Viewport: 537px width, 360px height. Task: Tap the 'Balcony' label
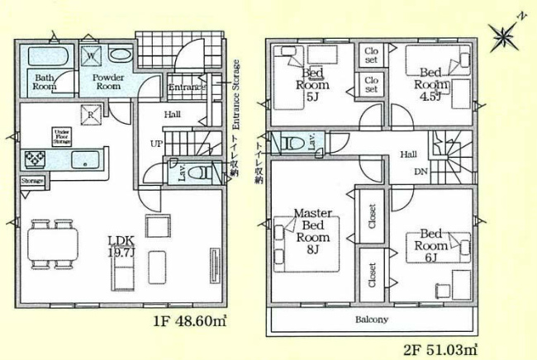[x=372, y=318]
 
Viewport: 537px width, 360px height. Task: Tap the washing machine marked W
[x=93, y=54]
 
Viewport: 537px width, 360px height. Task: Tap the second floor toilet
[x=292, y=142]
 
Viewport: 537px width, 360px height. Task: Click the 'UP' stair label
[x=155, y=143]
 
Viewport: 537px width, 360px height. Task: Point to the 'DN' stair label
[x=421, y=172]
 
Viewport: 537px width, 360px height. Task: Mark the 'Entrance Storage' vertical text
[x=236, y=95]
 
